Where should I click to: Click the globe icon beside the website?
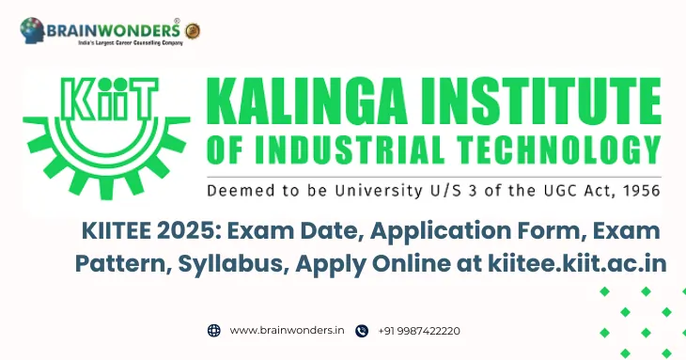pos(213,331)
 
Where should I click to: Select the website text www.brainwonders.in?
pos(287,331)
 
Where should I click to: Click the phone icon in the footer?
pos(362,331)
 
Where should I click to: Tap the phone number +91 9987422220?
pos(419,331)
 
